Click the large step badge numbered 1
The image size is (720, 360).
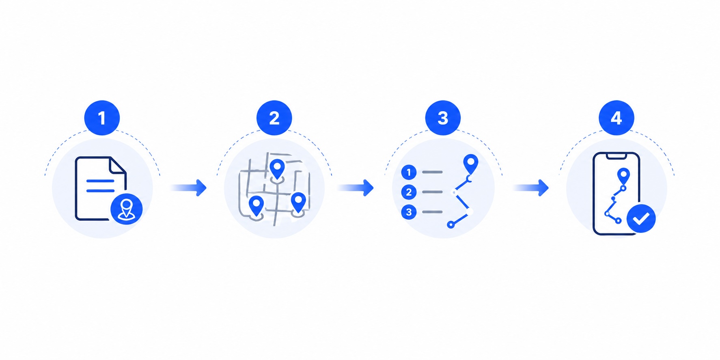click(102, 118)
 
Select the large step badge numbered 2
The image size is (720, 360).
click(274, 118)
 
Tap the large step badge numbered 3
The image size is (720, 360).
click(443, 118)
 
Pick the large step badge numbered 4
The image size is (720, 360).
click(616, 118)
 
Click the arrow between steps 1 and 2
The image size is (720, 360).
click(189, 188)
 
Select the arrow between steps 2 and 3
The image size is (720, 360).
click(356, 188)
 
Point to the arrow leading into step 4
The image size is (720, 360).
click(531, 188)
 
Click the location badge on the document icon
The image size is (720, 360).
click(126, 209)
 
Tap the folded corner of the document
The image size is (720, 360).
click(118, 166)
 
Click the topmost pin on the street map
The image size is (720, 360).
click(277, 169)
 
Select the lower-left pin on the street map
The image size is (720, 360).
click(256, 206)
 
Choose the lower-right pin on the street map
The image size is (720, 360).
click(298, 203)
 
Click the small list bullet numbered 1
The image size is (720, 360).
click(409, 172)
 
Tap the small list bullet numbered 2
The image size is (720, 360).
click(409, 192)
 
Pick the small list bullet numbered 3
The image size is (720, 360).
click(409, 212)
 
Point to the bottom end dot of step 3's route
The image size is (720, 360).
click(451, 224)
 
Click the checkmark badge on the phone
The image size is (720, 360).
click(641, 218)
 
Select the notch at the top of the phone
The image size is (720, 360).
click(616, 156)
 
